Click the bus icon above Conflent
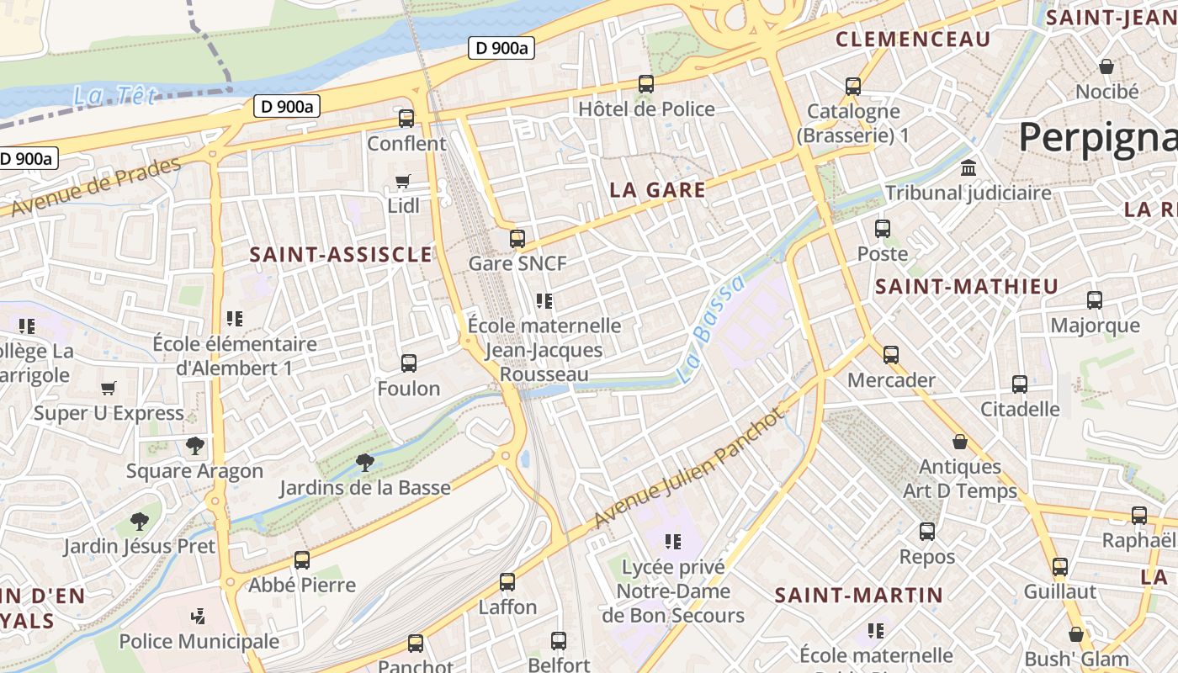click(406, 119)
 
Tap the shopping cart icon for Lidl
click(403, 182)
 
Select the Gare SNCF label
click(517, 263)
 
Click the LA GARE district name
click(657, 190)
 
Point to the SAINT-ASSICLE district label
click(341, 254)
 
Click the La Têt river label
click(114, 96)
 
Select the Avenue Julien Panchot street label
click(688, 468)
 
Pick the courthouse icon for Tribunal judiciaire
click(968, 167)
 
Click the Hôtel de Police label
click(646, 109)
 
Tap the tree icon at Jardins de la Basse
click(364, 462)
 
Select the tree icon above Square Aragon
click(195, 446)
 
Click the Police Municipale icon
click(199, 617)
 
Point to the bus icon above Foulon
click(409, 363)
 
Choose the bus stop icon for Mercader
click(891, 355)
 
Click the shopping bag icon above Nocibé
click(1106, 66)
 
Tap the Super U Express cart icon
click(108, 388)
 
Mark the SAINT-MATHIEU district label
click(966, 287)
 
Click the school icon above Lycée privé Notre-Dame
click(672, 542)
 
